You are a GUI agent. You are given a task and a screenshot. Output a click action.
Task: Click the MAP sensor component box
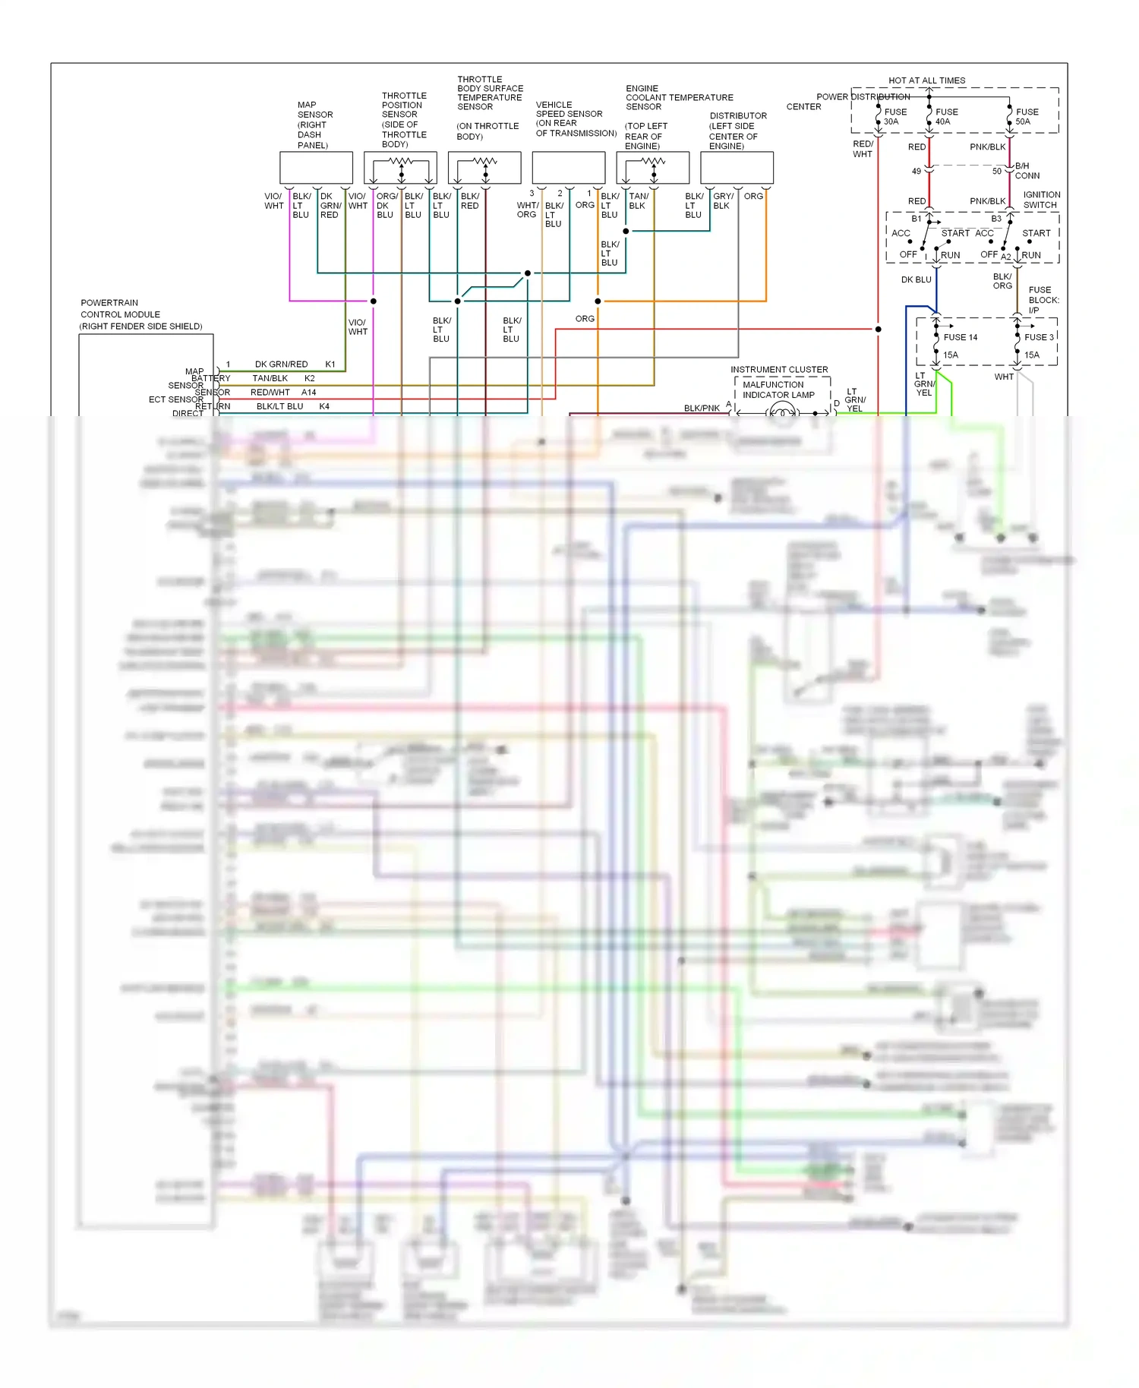pyautogui.click(x=316, y=168)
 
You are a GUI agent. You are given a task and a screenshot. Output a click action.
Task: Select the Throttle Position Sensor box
pyautogui.click(x=400, y=168)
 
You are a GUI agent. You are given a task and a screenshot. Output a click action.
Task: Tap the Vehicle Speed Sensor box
pyautogui.click(x=568, y=168)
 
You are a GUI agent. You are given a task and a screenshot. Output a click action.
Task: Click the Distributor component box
pyautogui.click(x=737, y=168)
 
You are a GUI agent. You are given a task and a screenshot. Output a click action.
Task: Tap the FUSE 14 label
pyautogui.click(x=961, y=337)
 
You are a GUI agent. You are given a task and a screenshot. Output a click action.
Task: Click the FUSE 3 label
pyautogui.click(x=1039, y=337)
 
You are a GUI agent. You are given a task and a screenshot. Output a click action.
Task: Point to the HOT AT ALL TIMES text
pyautogui.click(x=926, y=80)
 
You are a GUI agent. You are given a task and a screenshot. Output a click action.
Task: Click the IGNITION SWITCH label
pyautogui.click(x=1041, y=200)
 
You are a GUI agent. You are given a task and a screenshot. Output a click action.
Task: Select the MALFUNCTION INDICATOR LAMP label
pyautogui.click(x=778, y=390)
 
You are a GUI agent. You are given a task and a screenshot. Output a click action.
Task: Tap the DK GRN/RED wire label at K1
pyautogui.click(x=281, y=364)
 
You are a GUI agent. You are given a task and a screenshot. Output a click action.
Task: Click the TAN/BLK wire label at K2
pyautogui.click(x=270, y=378)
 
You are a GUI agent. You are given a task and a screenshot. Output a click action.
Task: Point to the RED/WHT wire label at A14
pyautogui.click(x=270, y=393)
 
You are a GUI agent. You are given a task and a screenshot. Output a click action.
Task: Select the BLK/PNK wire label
pyautogui.click(x=702, y=409)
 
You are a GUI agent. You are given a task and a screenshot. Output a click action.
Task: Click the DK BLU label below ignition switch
pyautogui.click(x=916, y=279)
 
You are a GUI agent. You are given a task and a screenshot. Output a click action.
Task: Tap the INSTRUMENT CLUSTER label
pyautogui.click(x=779, y=370)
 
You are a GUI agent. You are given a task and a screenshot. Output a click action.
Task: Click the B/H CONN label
pyautogui.click(x=1027, y=171)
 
